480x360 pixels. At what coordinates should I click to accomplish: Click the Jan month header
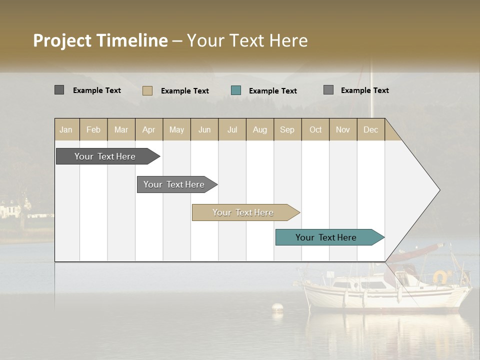click(x=66, y=129)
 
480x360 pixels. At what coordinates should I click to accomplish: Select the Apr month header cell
click(x=149, y=129)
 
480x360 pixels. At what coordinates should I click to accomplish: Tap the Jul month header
click(x=232, y=129)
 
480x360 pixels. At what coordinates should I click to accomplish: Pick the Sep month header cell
click(x=287, y=129)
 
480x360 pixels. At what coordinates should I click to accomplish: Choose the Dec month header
click(x=370, y=129)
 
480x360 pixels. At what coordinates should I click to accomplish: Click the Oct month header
click(x=315, y=129)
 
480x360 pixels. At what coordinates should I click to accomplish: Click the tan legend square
click(x=147, y=90)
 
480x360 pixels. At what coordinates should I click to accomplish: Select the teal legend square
click(x=236, y=90)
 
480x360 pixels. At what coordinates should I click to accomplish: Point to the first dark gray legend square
click(x=59, y=90)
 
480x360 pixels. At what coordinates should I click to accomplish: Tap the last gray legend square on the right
click(x=328, y=90)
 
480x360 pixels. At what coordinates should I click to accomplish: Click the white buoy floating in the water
click(x=277, y=306)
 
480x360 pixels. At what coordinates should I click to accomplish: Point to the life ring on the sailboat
click(x=440, y=276)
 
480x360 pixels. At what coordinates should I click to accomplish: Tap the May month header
click(x=176, y=129)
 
